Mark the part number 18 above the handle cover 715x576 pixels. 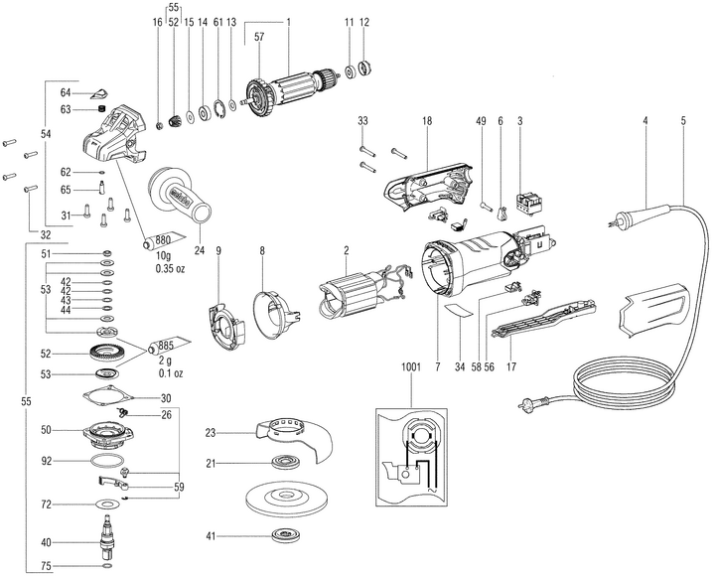pyautogui.click(x=426, y=120)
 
